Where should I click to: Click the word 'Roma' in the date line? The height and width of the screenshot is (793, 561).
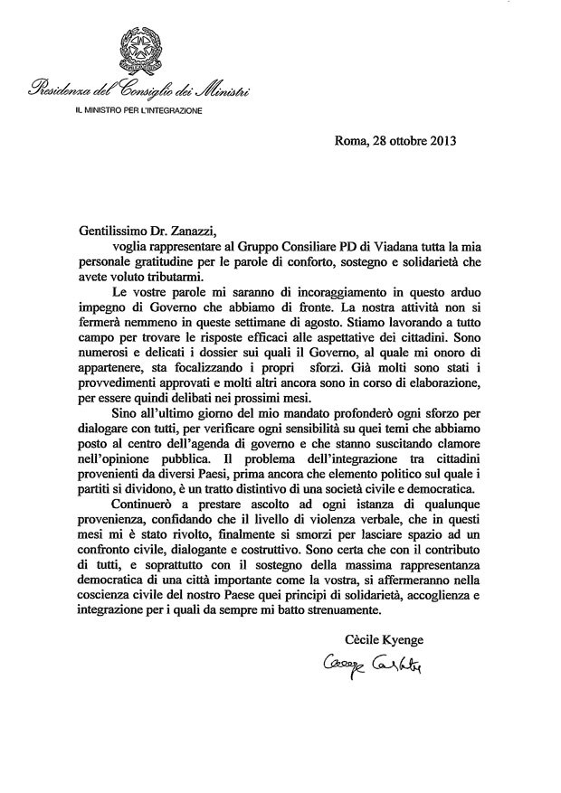click(351, 139)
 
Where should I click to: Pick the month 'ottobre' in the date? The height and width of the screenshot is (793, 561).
click(402, 139)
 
